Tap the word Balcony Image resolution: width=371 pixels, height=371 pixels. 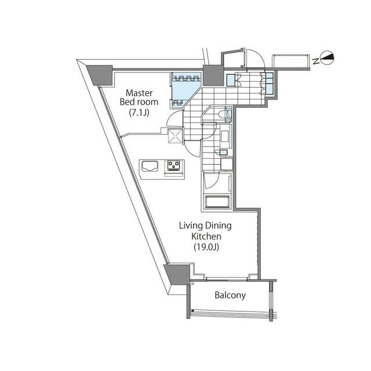(x=230, y=295)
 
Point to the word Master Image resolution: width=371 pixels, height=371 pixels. (x=139, y=92)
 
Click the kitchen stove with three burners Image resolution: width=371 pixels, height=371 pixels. (x=174, y=166)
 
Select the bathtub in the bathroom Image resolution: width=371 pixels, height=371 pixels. (x=218, y=203)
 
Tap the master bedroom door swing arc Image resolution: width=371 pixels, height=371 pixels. (x=173, y=120)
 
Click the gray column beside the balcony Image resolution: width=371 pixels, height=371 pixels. (x=178, y=272)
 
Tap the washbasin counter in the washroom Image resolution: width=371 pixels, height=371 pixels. (x=226, y=139)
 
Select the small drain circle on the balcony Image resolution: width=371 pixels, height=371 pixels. (x=192, y=285)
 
